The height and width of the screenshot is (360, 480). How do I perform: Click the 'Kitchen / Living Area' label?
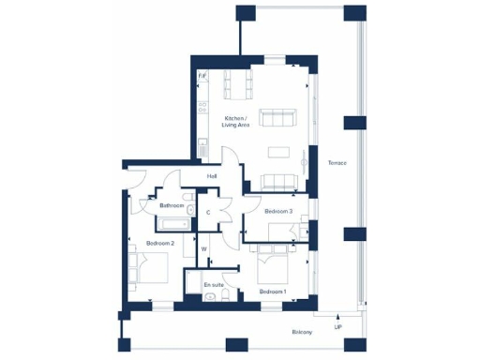(235, 121)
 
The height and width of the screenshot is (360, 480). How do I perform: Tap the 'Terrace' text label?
(337, 163)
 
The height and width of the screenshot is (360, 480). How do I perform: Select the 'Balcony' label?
(300, 332)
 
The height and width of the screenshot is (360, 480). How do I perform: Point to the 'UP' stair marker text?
(337, 327)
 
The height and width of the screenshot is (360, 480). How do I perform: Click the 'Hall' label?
(212, 175)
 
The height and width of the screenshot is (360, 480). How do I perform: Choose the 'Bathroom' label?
(171, 205)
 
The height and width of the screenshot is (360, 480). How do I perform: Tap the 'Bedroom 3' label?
(278, 212)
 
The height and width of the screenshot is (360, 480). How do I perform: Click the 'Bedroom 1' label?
(273, 292)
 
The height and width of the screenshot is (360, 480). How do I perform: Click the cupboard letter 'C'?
(208, 213)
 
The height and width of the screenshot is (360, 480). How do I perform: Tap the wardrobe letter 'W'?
(203, 248)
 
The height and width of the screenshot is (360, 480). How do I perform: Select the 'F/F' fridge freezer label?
(202, 76)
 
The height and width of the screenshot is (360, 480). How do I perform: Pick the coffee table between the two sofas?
(278, 151)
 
